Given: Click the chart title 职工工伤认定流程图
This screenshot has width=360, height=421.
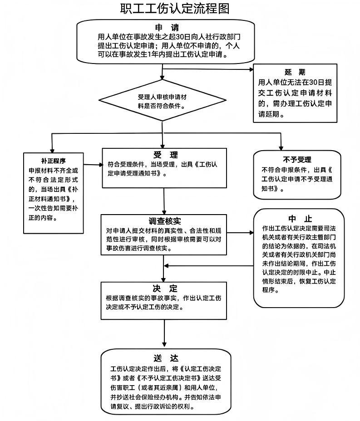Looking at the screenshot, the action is [x=175, y=9].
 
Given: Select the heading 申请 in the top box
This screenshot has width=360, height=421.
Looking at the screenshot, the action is [x=167, y=27].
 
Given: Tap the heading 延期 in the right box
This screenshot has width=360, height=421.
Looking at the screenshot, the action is [x=295, y=72].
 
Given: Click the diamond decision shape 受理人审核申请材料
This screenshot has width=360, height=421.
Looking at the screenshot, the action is [x=162, y=100].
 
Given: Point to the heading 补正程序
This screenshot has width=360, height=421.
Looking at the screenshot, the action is [x=53, y=161].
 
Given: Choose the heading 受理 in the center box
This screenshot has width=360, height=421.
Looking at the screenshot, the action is [x=166, y=155].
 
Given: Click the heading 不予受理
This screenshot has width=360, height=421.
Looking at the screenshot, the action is [x=297, y=160].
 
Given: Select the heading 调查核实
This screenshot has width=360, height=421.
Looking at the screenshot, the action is [x=165, y=221].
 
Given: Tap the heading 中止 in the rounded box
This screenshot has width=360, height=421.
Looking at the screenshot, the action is [x=300, y=219].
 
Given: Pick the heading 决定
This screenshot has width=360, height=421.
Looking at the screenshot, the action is [x=165, y=289].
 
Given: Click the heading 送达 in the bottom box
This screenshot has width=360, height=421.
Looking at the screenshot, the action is [x=166, y=358].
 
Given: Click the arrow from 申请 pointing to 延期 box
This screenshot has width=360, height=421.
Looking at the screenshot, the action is [x=207, y=69].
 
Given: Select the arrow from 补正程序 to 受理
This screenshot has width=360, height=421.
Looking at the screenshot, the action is [x=93, y=165].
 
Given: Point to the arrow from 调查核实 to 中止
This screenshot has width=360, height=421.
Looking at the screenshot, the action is [x=240, y=233].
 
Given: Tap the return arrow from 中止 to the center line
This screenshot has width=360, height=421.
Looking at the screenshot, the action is [x=209, y=266].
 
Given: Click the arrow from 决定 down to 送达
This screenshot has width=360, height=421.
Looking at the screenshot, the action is [x=164, y=333].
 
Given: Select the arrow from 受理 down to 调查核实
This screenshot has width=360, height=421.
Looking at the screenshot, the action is [x=164, y=201].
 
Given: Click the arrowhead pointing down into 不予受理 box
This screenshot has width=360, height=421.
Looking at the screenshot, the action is [x=281, y=148].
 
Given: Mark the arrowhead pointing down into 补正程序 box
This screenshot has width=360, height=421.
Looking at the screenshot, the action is [x=52, y=151].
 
